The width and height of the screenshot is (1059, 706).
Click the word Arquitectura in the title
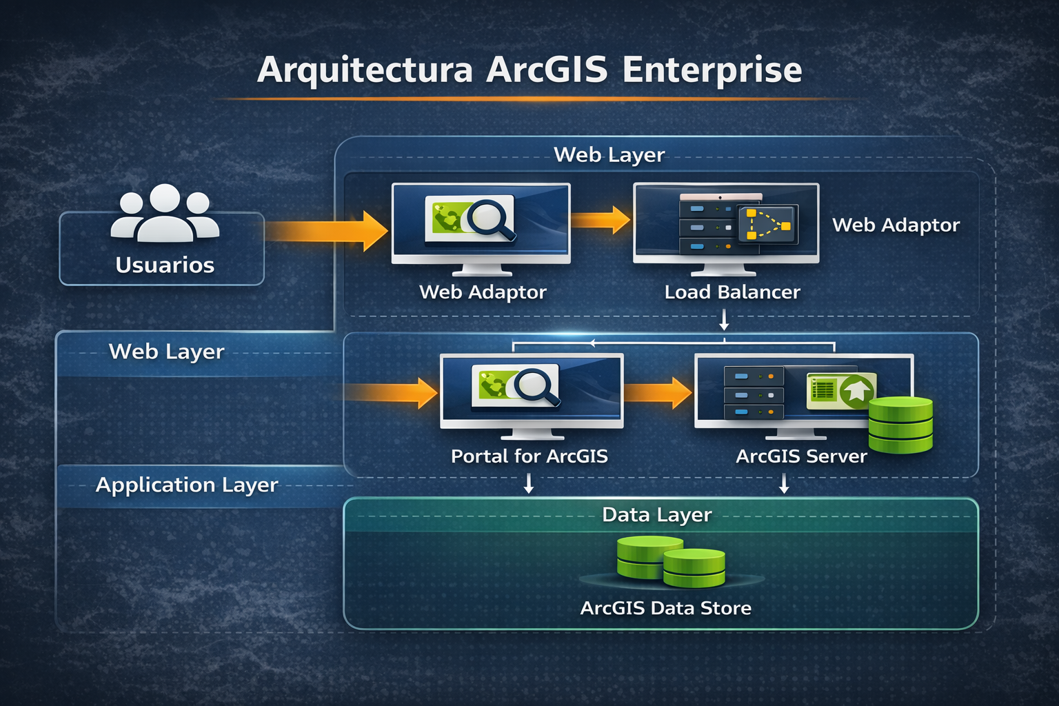365,70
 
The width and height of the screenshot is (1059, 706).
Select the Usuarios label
165,265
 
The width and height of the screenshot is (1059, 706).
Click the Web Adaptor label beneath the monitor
483,292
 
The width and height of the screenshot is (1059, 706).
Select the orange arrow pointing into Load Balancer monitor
600,220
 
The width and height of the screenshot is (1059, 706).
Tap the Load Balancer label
732,292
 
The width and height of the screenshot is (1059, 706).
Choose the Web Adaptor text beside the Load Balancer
896,225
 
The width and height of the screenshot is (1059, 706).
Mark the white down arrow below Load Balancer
724,320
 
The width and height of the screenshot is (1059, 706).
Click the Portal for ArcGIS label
529,456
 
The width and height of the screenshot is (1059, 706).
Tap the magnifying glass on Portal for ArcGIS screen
537,387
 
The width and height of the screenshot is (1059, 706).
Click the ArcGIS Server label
801,456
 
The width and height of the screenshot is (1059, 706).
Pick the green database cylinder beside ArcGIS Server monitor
900,425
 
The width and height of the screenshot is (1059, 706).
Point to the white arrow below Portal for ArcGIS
529,483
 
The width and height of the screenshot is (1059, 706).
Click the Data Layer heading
656,514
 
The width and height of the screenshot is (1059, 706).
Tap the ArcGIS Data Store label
665,608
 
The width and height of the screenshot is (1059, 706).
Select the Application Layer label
187,485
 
